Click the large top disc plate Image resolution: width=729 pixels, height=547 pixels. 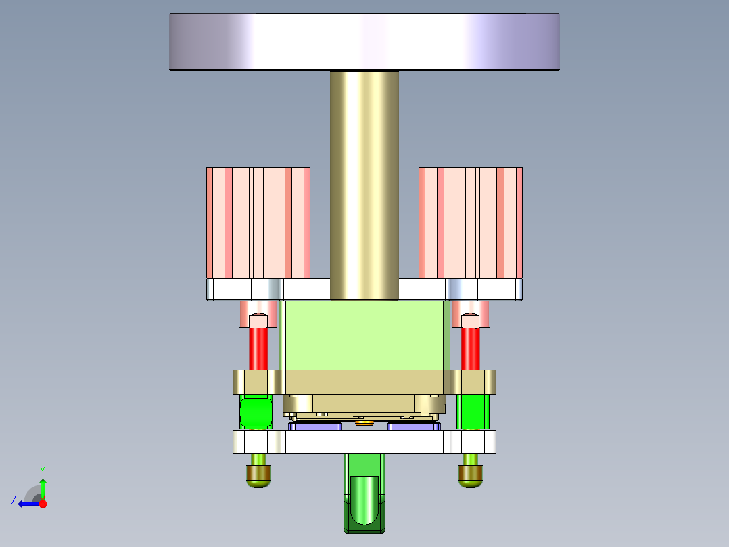coord(364,42)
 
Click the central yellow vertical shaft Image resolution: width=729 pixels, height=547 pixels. coord(364,183)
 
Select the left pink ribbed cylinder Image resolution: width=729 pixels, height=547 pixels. coord(258,223)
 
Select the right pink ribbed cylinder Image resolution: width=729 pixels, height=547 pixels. coord(470,223)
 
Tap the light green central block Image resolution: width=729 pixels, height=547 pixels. coord(364,335)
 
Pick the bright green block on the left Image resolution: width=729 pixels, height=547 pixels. coord(256,412)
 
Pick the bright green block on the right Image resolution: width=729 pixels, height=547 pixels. coord(473,411)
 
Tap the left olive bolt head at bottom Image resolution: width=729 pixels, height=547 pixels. coord(258,476)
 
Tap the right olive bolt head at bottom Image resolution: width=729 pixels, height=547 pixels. coord(471,476)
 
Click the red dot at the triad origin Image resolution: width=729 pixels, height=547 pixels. coord(43,504)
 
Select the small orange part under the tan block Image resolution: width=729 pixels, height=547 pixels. coord(364,424)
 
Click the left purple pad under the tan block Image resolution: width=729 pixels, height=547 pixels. coord(315,426)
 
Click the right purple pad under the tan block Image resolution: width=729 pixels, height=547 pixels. coord(413,426)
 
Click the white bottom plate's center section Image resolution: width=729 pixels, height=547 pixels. coord(364,441)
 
